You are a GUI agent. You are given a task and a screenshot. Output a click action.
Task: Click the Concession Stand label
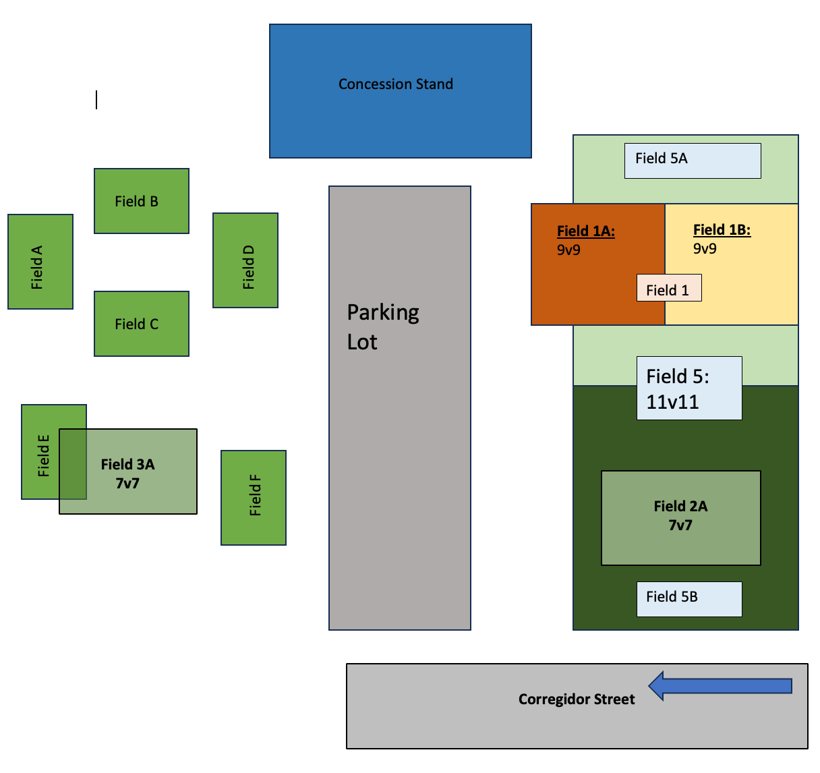coord(396,84)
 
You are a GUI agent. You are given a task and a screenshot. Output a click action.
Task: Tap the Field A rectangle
coord(40,262)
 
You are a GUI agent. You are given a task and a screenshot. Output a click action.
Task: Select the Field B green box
coord(142,201)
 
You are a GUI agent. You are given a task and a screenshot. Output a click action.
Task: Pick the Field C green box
coord(142,324)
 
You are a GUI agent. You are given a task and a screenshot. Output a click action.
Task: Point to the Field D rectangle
coord(245,260)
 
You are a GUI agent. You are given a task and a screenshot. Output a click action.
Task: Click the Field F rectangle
coord(254,498)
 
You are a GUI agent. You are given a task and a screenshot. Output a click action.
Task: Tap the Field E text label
coord(44,455)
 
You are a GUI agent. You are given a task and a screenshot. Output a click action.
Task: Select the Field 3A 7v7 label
coord(127,473)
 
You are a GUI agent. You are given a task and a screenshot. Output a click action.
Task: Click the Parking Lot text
coord(382,327)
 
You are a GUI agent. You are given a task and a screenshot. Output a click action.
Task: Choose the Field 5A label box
coord(693,161)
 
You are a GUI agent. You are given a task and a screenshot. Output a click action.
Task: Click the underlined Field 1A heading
coord(585,231)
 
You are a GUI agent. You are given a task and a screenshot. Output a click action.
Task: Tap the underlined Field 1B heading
coord(722,230)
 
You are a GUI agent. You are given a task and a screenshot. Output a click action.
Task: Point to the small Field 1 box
coord(669,288)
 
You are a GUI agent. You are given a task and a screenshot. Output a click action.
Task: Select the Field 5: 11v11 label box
coord(689,389)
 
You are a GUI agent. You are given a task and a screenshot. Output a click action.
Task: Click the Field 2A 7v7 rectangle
coord(680,517)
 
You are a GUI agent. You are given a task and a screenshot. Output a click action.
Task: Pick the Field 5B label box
coord(689,599)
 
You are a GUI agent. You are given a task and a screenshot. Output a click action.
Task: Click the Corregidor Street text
coord(577,699)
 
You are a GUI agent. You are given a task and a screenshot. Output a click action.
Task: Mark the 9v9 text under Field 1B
coord(705,249)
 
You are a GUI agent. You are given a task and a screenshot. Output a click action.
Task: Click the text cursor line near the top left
coord(96,100)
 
